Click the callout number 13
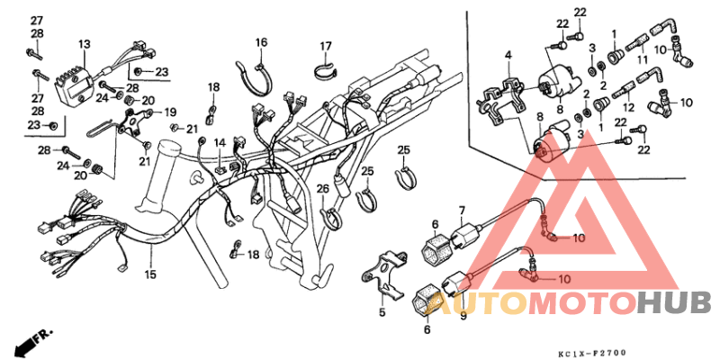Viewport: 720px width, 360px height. click(84, 44)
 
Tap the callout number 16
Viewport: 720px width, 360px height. click(261, 42)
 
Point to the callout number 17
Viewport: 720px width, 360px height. click(326, 46)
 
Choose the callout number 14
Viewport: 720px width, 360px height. click(219, 142)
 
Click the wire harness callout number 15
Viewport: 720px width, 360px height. click(151, 274)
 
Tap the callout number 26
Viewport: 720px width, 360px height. click(322, 188)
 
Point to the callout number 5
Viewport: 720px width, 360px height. click(381, 312)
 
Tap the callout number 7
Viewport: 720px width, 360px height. click(462, 210)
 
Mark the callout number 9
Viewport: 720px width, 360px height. click(463, 316)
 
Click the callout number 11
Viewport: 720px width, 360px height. click(643, 59)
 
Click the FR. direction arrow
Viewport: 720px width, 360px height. click(33, 340)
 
